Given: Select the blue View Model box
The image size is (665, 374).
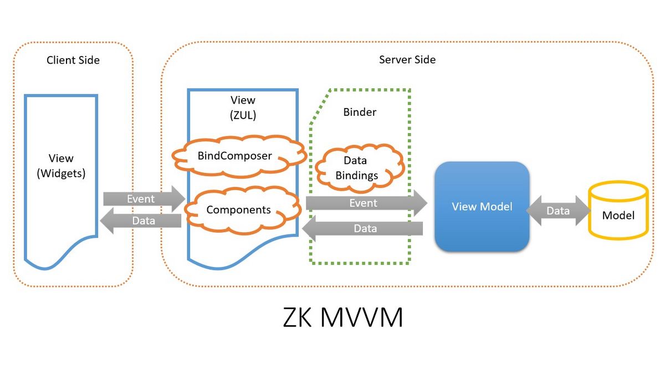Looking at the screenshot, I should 482,207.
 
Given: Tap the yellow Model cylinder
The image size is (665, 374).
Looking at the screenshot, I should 618,211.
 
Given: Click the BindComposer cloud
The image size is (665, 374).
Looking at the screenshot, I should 235,156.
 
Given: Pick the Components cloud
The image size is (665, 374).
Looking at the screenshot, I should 238,210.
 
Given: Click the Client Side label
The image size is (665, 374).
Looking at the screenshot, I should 73,60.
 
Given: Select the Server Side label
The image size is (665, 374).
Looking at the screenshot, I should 407,59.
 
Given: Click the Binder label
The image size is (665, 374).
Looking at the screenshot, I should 360,112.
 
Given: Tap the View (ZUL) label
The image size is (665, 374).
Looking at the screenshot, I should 243,106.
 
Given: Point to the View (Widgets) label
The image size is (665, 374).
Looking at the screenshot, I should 61,166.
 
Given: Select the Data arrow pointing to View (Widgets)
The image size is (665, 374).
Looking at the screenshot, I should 141,221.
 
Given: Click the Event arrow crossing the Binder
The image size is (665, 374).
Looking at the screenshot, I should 366,203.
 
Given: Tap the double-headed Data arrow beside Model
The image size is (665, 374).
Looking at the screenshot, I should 557,211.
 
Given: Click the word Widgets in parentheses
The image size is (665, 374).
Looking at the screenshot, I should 61,173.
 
